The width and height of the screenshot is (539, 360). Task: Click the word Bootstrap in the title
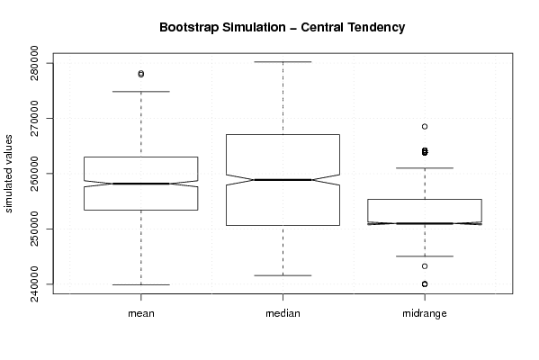point(188,28)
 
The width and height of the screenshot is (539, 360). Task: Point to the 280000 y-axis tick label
point(34,63)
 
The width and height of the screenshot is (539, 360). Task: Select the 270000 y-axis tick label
point(34,118)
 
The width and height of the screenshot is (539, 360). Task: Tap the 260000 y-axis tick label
point(34,174)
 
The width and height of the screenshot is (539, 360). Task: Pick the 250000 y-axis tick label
point(34,229)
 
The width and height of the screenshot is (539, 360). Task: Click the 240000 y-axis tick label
point(34,284)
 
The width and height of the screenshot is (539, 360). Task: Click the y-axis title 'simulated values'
point(8,174)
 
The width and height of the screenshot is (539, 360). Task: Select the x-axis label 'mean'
point(141,313)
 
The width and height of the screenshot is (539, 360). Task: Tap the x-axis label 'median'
point(283,313)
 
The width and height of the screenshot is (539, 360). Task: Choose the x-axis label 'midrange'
point(425,313)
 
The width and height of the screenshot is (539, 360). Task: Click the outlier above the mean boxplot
point(141,74)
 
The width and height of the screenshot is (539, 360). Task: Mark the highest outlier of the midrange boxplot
point(425,127)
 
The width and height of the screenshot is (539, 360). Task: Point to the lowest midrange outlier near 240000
point(425,284)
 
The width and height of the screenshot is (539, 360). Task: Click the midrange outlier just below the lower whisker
point(425,266)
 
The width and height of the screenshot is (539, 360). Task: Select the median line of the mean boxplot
point(141,184)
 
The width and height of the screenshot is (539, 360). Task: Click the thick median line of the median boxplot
point(283,180)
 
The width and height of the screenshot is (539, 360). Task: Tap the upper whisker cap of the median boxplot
point(283,62)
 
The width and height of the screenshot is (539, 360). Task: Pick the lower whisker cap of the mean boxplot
point(141,284)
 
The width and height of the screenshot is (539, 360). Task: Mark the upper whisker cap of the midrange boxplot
point(425,167)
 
